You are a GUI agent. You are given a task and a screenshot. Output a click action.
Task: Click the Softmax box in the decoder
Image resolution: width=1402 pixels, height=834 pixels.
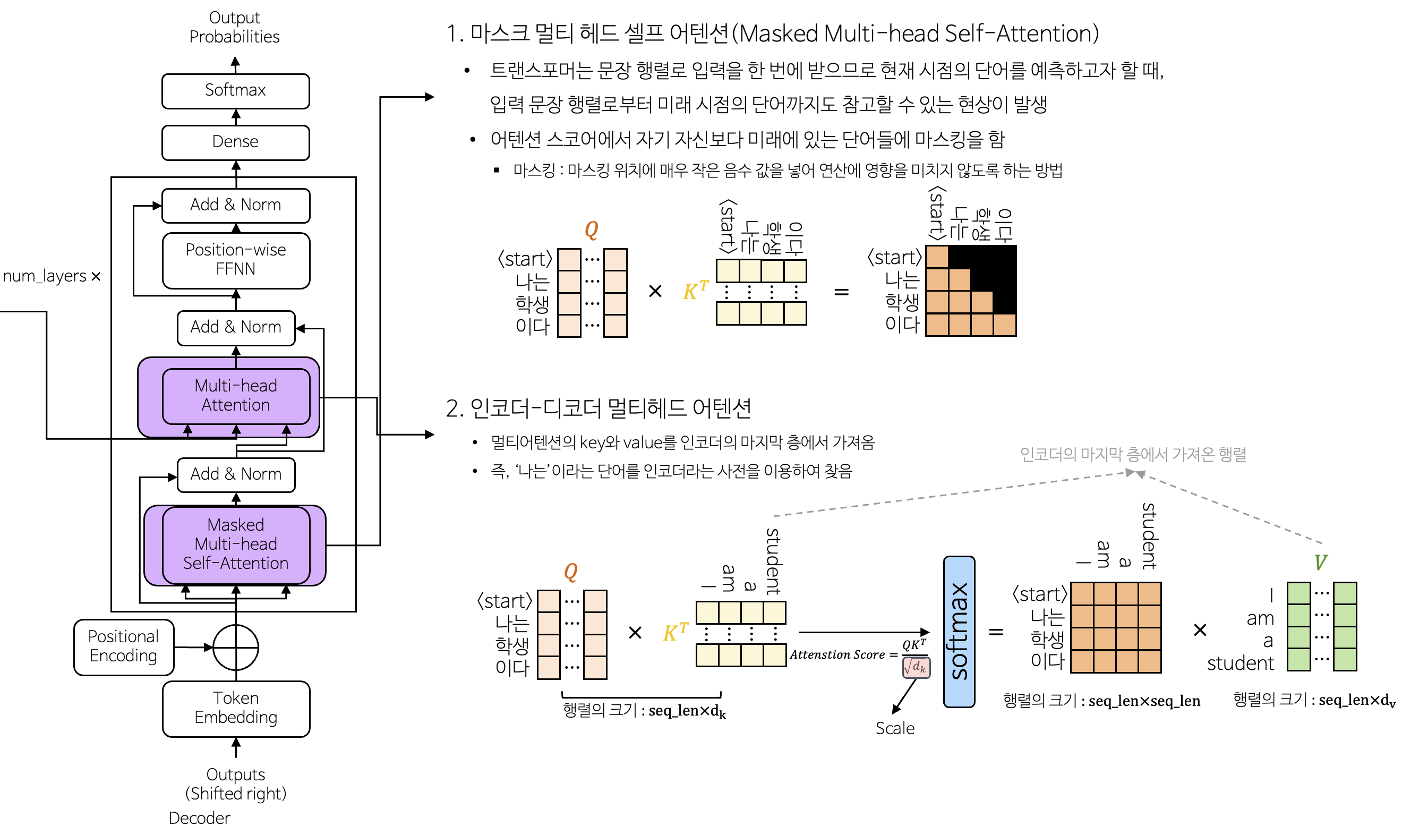pos(235,90)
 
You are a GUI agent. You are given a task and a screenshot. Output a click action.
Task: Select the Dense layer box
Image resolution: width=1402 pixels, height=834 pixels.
pos(235,142)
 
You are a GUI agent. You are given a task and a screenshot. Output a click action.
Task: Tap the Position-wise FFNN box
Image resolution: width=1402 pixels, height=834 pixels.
pos(236,260)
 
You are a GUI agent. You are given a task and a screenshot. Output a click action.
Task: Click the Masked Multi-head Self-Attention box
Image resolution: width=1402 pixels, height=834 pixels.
pos(236,544)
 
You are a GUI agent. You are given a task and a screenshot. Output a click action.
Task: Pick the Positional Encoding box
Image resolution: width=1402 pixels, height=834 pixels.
pos(124,646)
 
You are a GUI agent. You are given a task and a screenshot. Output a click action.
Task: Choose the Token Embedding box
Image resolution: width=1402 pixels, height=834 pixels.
pos(236,708)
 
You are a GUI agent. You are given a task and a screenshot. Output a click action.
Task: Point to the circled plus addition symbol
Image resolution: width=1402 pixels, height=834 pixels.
pos(236,648)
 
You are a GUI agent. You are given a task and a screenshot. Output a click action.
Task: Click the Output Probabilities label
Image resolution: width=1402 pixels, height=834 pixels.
pos(234,27)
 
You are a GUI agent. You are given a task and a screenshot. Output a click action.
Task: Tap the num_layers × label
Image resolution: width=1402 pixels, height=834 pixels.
pos(52,276)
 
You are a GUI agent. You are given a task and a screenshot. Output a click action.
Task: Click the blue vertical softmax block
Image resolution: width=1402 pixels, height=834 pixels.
pos(959,631)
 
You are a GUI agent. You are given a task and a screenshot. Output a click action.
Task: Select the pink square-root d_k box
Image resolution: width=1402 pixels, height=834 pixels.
pos(916,667)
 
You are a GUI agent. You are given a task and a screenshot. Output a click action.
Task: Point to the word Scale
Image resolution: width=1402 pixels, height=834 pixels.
pos(895,728)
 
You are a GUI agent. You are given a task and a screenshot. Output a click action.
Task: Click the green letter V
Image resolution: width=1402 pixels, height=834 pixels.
pos(1320,563)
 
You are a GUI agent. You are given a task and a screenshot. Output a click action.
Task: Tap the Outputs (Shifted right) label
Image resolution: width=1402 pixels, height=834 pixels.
pos(236,784)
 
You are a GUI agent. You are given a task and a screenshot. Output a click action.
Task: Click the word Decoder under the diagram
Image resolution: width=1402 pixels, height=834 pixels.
pos(199,818)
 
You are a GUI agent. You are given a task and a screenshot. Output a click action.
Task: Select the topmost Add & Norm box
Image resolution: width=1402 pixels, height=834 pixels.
pos(236,205)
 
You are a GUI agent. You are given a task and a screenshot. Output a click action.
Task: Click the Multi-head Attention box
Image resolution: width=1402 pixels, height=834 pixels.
pos(236,396)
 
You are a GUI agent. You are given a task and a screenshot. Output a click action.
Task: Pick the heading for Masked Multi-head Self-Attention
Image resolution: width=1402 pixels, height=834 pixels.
pos(772,33)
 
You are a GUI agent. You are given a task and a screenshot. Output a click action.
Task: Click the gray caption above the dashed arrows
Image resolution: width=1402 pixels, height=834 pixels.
pos(1132,454)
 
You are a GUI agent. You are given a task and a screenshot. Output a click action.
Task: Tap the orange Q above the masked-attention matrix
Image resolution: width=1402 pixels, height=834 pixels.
pos(591,229)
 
